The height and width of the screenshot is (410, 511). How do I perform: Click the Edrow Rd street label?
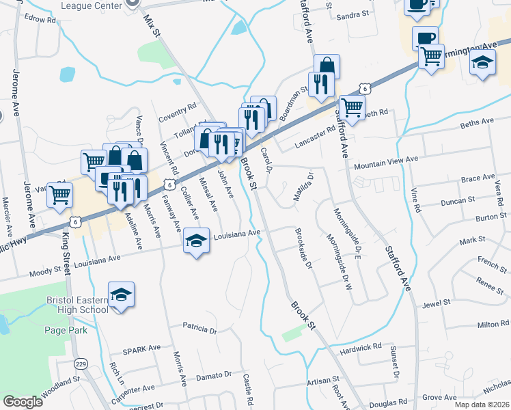coord(41,20)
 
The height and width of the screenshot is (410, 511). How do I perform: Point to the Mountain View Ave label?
coord(385,159)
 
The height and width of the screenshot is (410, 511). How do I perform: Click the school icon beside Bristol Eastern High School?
coord(122,294)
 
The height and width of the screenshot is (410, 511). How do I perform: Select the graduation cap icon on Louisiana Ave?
coord(196,240)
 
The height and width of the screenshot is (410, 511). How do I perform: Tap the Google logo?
coord(23,402)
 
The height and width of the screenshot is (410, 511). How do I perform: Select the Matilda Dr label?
coord(302,187)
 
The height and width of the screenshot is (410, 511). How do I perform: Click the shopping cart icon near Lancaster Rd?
coord(352,107)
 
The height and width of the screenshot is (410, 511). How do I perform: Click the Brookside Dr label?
coord(304,249)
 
